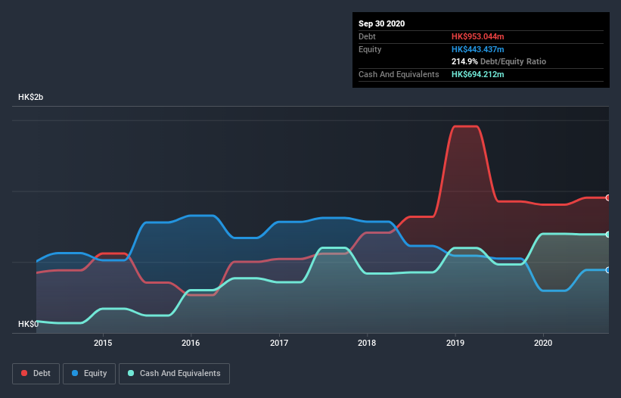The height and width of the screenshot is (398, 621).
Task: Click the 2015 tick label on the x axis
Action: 103,343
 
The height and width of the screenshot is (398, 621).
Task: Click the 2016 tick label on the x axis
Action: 191,343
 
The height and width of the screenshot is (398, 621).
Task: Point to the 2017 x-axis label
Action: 279,343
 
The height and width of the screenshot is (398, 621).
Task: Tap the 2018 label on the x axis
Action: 367,343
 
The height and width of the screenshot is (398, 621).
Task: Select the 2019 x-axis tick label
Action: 455,343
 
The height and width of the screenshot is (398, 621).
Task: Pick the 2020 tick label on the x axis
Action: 543,343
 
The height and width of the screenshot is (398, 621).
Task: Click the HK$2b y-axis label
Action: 33,98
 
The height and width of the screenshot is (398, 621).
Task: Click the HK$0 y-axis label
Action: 28,324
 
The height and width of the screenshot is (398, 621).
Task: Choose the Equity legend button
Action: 90,373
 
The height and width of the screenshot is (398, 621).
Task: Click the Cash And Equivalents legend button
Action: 174,373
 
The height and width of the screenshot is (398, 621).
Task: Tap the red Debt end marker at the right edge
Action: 608,197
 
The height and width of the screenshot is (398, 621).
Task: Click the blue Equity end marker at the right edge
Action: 608,270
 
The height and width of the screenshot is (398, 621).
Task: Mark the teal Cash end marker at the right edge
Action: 608,235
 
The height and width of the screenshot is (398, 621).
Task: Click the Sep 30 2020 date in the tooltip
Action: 381,23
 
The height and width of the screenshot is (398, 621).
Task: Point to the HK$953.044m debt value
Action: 477,36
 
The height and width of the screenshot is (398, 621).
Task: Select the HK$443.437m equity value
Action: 477,49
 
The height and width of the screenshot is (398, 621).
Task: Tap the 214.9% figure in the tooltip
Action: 464,61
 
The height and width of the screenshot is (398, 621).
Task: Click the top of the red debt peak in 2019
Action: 465,126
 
